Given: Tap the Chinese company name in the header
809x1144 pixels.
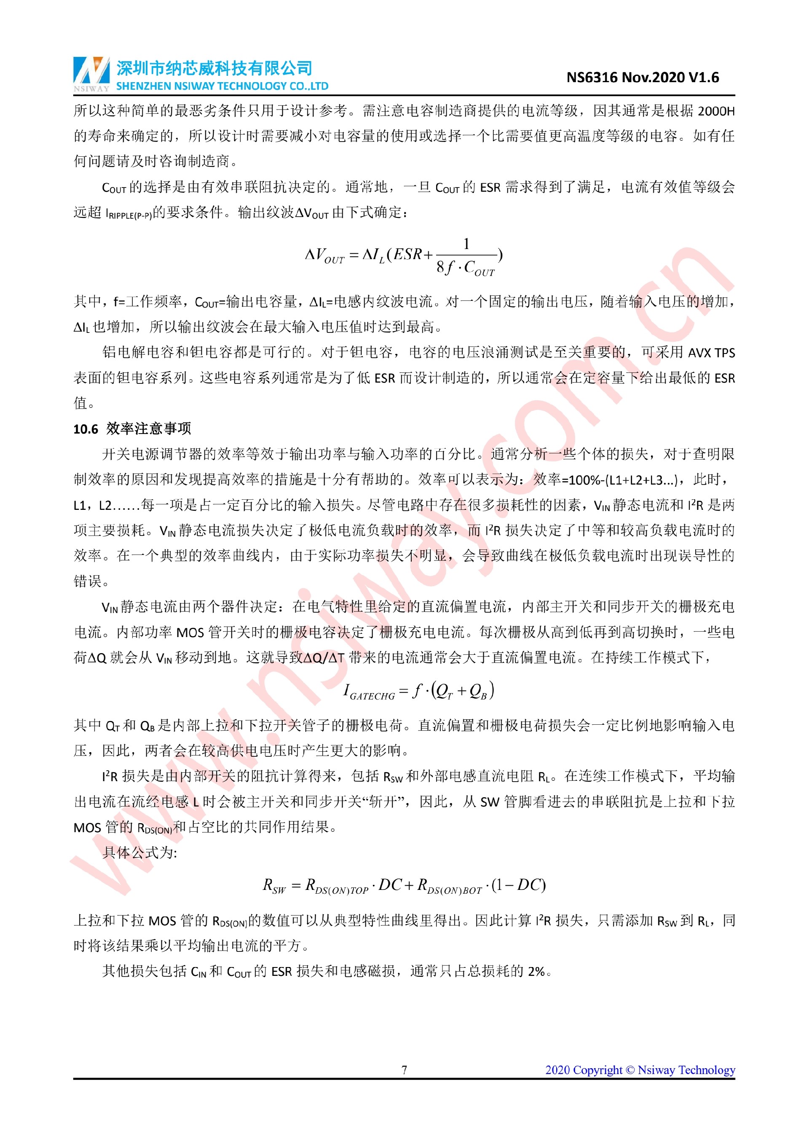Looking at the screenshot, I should click(x=214, y=68).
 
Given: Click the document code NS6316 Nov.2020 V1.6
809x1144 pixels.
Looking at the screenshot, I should click(x=642, y=78).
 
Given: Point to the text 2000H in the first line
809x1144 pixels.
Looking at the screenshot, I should click(x=716, y=111).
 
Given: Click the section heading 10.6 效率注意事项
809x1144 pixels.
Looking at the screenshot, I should click(x=132, y=429).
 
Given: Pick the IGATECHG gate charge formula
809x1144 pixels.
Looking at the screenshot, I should click(x=418, y=691).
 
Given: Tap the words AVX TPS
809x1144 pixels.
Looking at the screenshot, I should click(x=711, y=353).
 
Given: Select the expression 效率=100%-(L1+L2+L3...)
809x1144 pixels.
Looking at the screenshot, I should click(x=605, y=480).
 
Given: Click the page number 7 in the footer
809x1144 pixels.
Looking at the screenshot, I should click(x=404, y=1070).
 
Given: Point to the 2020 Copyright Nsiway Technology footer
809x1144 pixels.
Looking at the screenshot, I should click(x=640, y=1070).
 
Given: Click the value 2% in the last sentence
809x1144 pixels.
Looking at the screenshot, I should click(x=536, y=971).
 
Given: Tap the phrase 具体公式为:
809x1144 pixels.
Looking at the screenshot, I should click(x=139, y=852).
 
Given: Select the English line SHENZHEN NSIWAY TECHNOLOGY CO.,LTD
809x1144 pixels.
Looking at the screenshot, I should click(x=222, y=86).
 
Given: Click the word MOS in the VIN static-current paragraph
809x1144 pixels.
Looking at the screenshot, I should click(x=190, y=633).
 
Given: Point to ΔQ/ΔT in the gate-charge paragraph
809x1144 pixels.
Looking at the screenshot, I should click(x=323, y=658).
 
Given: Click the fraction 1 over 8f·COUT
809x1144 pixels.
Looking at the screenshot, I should click(x=466, y=257).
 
